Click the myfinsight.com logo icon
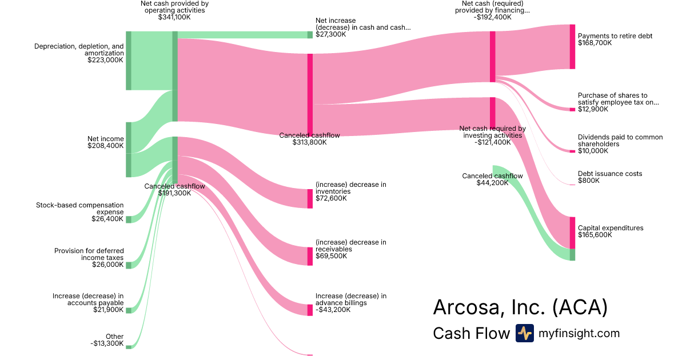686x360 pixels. pyautogui.click(x=524, y=333)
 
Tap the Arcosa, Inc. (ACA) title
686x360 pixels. pyautogui.click(x=520, y=307)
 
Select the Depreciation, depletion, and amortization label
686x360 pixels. pyautogui.click(x=79, y=50)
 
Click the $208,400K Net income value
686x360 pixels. pyautogui.click(x=105, y=146)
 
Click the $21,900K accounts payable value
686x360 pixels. pyautogui.click(x=109, y=310)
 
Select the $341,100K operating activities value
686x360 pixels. pyautogui.click(x=174, y=17)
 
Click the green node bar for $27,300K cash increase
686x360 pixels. pyautogui.click(x=310, y=35)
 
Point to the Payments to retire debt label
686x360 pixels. pyautogui.click(x=615, y=36)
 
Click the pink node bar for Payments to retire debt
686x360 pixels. pyautogui.click(x=572, y=47)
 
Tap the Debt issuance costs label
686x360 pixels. pyautogui.click(x=610, y=174)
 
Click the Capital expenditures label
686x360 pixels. pyautogui.click(x=611, y=228)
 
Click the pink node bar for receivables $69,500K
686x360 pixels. pyautogui.click(x=310, y=256)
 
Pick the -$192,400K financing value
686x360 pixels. pyautogui.click(x=492, y=17)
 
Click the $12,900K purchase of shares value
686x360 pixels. pyautogui.click(x=593, y=109)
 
